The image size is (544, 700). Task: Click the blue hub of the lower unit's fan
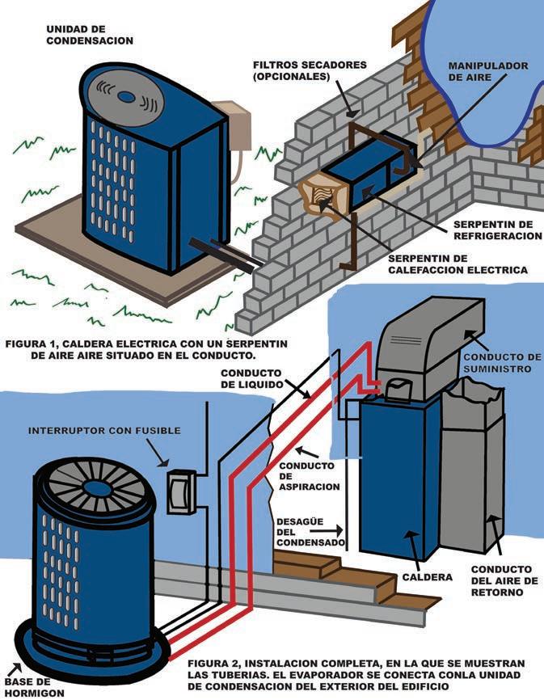click(x=97, y=488)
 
